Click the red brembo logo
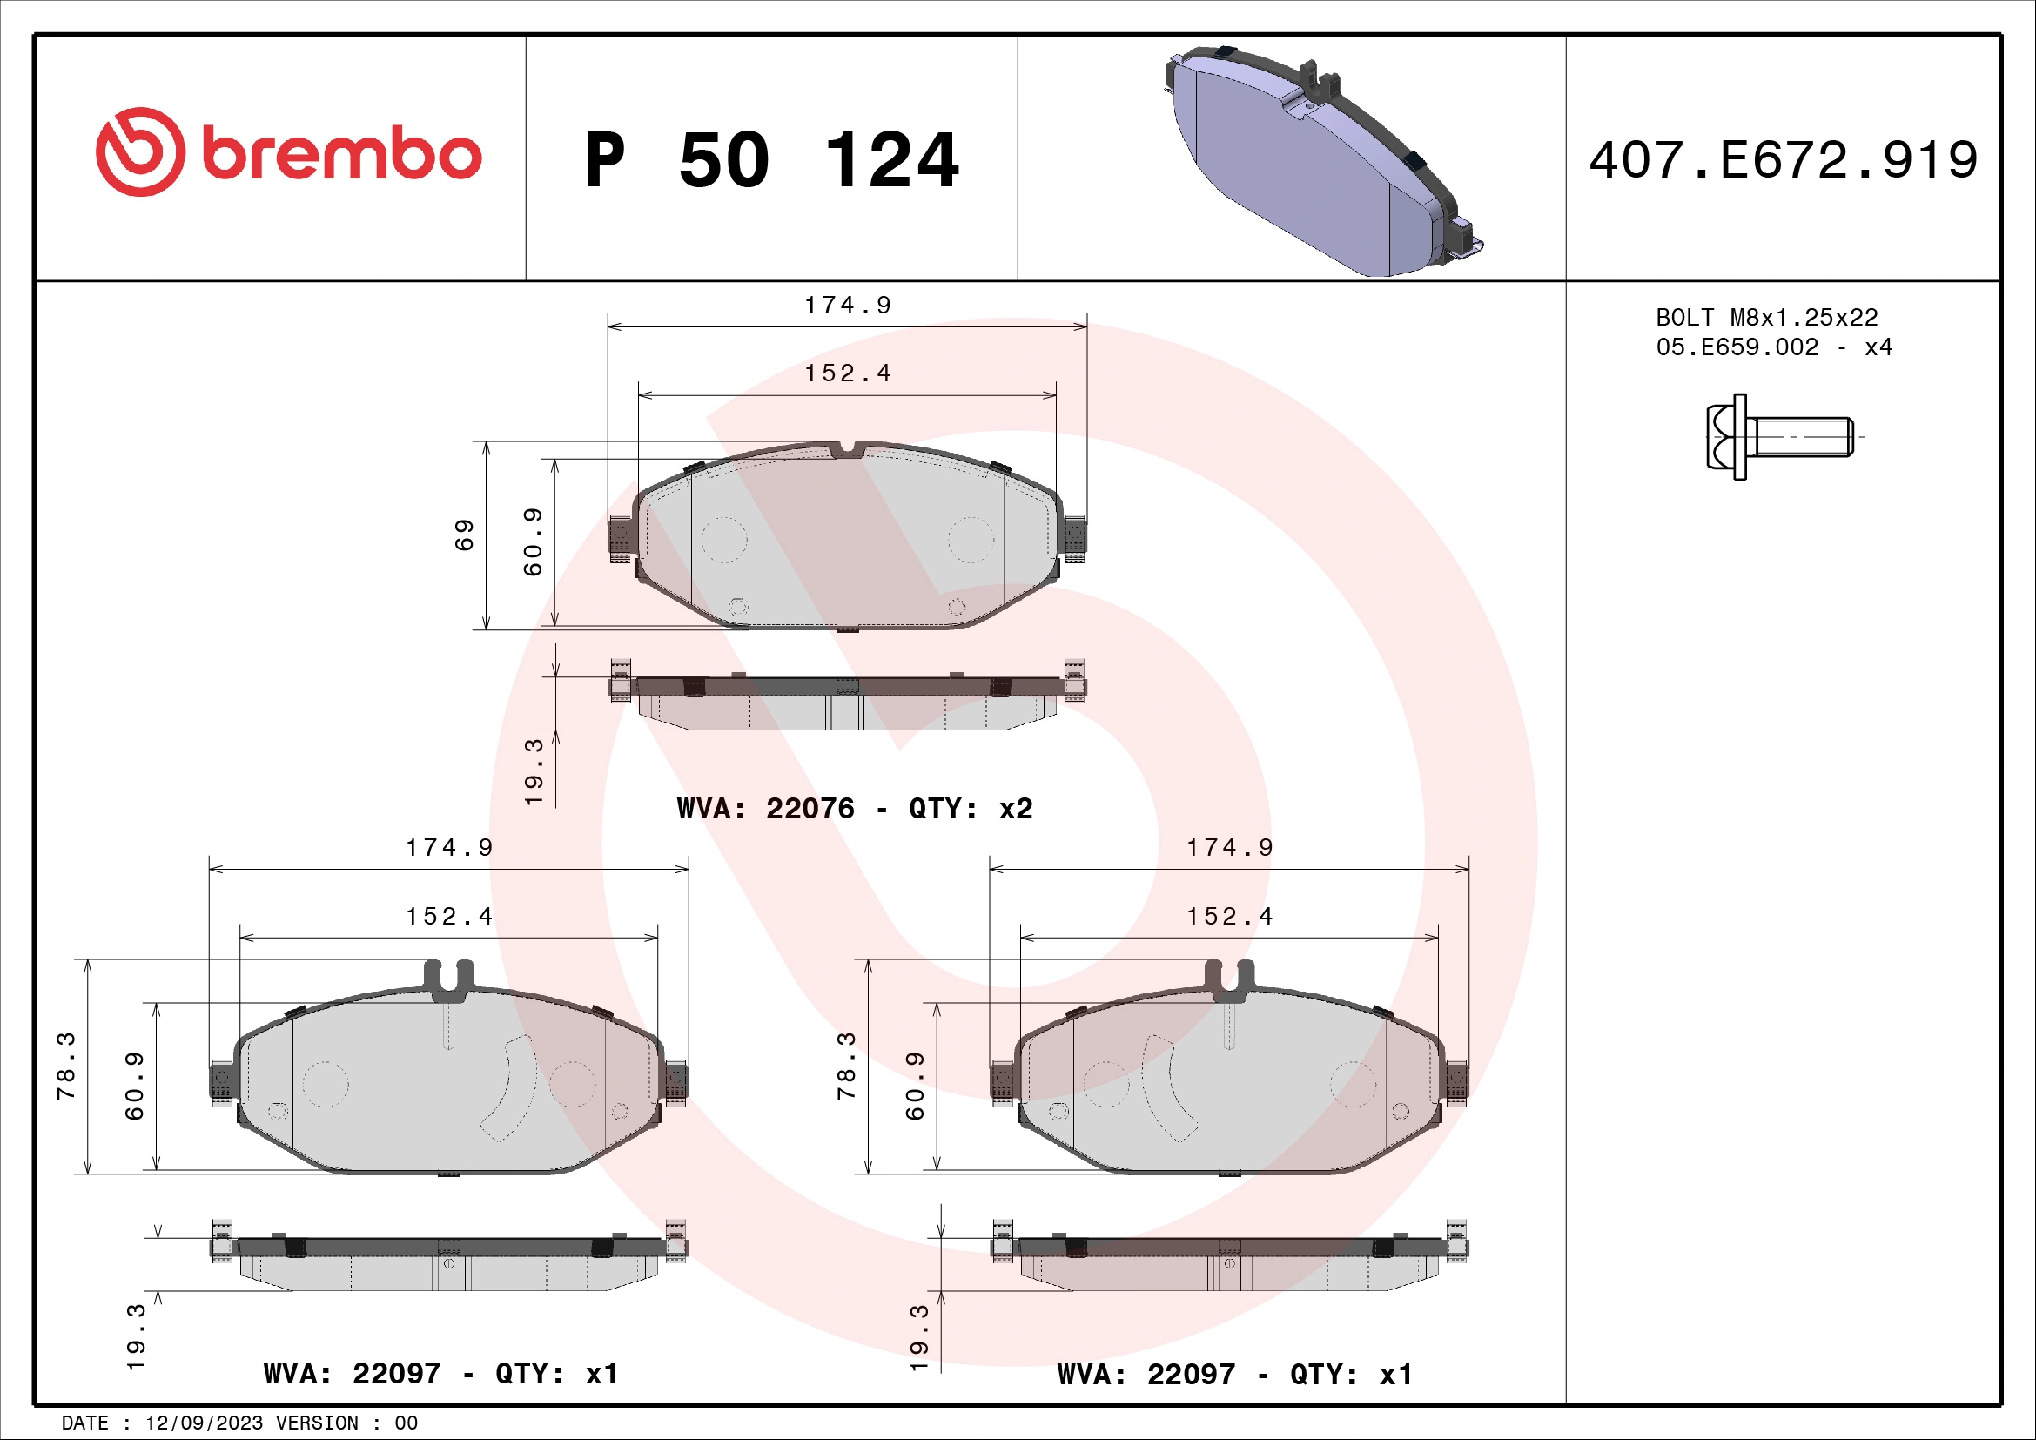point(288,152)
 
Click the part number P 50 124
point(771,160)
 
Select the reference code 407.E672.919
point(1783,160)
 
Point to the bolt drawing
point(1778,437)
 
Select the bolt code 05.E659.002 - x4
point(1773,347)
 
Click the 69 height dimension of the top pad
point(465,535)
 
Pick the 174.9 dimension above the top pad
point(847,305)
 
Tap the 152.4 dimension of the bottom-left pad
point(448,916)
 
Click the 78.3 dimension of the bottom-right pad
point(846,1066)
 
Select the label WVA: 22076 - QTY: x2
point(854,809)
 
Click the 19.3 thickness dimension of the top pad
point(533,771)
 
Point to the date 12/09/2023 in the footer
point(204,1423)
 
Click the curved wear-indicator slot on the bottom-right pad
point(1169,1088)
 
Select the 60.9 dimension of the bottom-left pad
point(134,1087)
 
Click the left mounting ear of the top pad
point(621,535)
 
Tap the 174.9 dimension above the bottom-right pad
point(1229,848)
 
